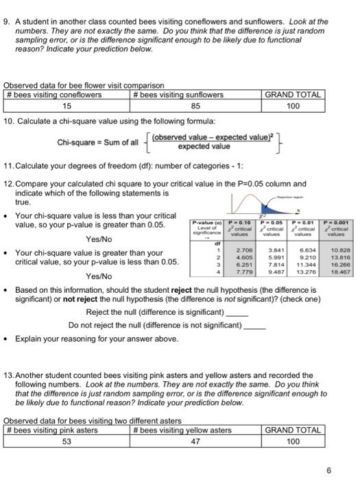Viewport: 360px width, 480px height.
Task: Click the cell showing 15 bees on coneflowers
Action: [67, 106]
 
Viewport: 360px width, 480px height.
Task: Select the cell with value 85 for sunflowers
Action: [195, 106]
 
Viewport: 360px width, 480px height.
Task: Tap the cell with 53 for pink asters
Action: [67, 441]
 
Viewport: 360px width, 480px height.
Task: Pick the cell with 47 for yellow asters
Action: [195, 441]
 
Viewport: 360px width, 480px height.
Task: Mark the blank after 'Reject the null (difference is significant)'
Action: [237, 313]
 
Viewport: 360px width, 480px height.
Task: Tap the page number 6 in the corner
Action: [329, 470]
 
